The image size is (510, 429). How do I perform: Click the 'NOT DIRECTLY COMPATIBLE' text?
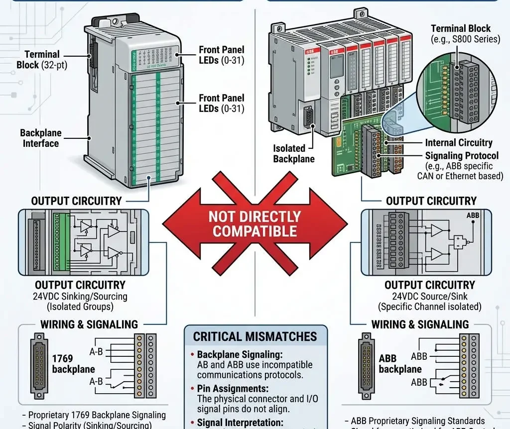coord(255,224)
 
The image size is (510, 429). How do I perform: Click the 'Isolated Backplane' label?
coord(294,153)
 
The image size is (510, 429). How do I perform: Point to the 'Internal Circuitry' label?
coord(458,143)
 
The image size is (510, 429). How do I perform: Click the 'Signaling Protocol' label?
coord(461,155)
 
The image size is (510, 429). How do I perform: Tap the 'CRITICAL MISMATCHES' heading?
coord(255,336)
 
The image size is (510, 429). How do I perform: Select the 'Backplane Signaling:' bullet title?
coord(240,355)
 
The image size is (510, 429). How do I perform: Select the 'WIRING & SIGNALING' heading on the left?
coord(89,324)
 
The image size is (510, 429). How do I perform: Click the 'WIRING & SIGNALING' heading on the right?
coord(420,324)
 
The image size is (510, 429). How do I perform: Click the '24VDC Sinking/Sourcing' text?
coord(81,297)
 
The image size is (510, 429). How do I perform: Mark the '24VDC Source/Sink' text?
coord(429,297)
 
